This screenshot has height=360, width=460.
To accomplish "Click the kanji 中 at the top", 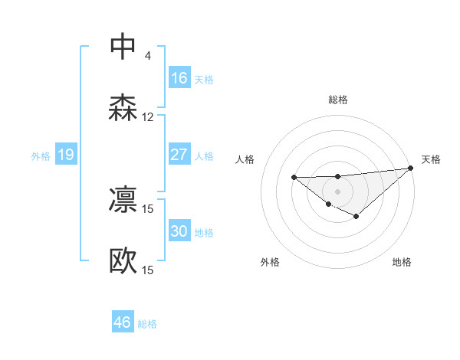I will click(x=123, y=47).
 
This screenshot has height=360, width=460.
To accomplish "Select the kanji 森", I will click(x=123, y=107).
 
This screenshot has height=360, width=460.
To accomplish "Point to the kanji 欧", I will click(x=123, y=260).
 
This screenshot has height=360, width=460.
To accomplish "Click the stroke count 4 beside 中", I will click(x=148, y=56).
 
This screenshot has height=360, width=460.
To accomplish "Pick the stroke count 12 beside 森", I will click(x=148, y=117).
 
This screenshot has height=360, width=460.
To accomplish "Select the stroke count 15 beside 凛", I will click(x=148, y=208).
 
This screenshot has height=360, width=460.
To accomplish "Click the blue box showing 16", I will click(x=179, y=78).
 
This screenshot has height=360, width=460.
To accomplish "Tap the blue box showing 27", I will click(x=179, y=155).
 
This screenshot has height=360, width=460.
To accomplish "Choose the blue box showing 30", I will click(x=179, y=231).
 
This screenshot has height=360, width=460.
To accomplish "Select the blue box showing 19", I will click(x=66, y=155).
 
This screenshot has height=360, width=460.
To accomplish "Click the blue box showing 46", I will click(x=123, y=322).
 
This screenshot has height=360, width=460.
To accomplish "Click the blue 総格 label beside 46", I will click(x=147, y=324).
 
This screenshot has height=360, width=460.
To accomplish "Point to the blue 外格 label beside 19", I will click(x=41, y=156).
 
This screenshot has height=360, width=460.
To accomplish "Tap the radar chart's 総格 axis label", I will click(x=338, y=100).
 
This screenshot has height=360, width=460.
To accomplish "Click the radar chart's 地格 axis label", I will click(x=402, y=262).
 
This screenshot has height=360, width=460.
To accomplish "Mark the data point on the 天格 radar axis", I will click(x=412, y=169).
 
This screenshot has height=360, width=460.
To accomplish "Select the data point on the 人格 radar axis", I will click(x=294, y=178).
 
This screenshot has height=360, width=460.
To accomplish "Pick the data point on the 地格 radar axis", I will click(x=356, y=217).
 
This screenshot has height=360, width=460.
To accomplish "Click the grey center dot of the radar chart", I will click(x=338, y=191).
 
